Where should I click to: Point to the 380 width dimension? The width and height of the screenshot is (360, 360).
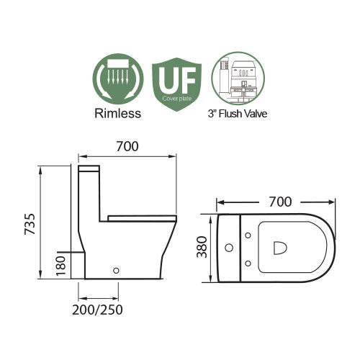(x=204, y=248)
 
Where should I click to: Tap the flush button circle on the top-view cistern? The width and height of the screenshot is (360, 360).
(x=230, y=249)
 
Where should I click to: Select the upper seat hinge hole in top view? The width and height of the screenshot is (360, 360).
(x=248, y=233)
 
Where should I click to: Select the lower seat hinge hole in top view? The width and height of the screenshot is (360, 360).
(x=248, y=265)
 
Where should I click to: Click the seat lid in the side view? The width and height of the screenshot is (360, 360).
(x=142, y=216)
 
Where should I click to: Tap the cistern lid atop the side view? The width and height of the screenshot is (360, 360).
(x=90, y=170)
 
